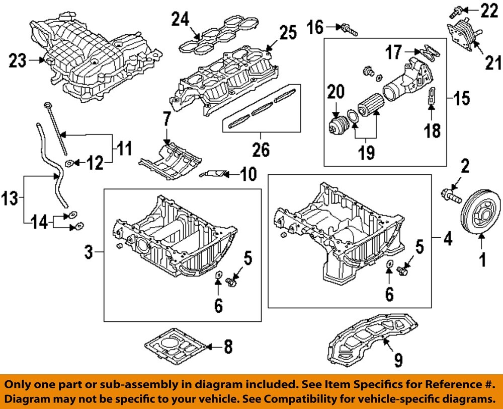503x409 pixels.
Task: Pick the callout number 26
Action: click(261, 150)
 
